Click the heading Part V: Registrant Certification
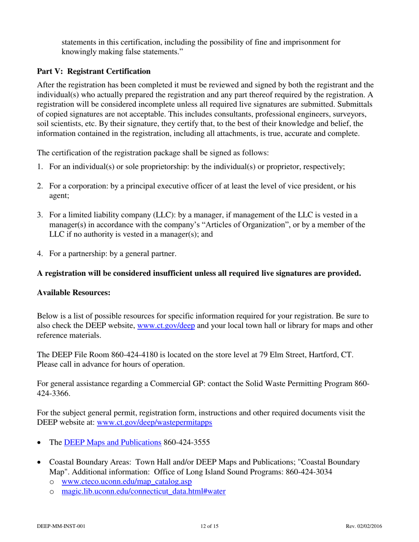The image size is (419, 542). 94,71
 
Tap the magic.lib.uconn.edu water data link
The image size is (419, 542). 144,492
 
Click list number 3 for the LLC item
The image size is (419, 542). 40,215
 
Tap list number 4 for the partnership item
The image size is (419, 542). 40,253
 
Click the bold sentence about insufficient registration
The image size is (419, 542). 199,273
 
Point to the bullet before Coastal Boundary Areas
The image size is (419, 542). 41,463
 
